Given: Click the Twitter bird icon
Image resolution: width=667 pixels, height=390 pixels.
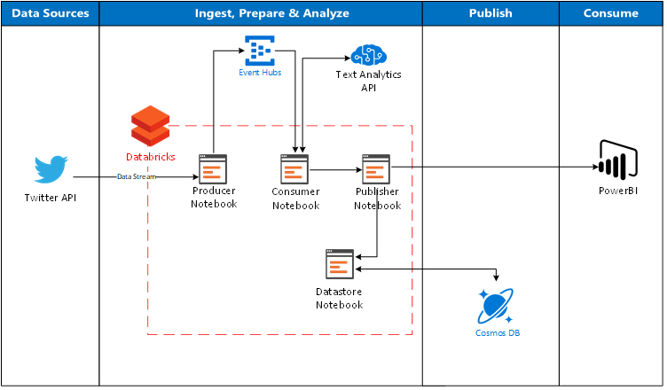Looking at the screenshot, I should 51,170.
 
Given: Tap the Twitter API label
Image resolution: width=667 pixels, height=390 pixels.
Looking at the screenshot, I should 51,197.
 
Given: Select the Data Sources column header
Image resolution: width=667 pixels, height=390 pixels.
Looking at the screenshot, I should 50,13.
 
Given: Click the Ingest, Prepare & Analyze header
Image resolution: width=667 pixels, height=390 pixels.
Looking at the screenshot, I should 260,13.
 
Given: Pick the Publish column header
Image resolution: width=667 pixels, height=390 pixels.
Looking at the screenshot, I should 490,13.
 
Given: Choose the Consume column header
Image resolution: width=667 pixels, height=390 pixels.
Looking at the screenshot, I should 610,13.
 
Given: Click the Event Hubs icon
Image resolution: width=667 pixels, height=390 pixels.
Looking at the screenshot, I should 260,51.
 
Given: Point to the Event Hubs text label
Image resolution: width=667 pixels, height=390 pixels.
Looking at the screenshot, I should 260,73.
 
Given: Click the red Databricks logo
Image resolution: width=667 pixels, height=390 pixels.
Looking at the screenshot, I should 150,125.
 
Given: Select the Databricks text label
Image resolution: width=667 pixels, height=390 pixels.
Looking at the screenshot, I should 150,156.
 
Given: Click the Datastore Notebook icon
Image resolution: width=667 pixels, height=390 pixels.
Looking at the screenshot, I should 340,265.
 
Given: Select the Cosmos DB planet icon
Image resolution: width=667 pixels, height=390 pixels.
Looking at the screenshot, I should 496,307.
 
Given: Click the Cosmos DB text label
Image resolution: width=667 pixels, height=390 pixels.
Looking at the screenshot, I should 496,334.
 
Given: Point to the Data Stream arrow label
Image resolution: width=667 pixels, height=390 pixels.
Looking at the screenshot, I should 137,177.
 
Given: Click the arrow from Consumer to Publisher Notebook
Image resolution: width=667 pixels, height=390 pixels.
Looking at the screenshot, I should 335,168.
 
